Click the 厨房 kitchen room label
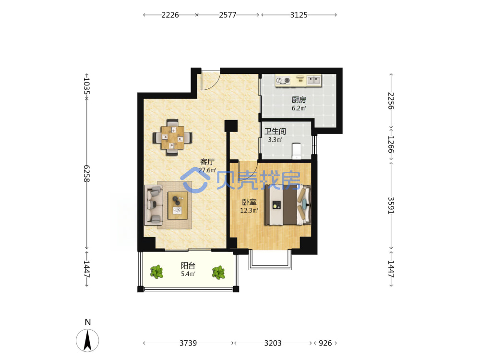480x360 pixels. [299, 100]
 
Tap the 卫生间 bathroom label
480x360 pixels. [275, 132]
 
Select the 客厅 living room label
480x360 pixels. [207, 162]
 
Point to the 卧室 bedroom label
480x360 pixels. [249, 202]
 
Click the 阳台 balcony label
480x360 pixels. [188, 265]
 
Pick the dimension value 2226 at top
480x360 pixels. [170, 15]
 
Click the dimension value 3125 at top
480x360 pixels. [299, 15]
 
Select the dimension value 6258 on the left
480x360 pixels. [86, 174]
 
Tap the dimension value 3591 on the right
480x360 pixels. [391, 205]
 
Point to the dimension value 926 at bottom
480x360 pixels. [325, 343]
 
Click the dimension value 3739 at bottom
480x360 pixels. [188, 343]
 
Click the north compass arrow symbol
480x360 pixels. [87, 340]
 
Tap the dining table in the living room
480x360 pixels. [173, 137]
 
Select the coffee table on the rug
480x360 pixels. [178, 205]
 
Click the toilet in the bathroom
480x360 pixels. [297, 151]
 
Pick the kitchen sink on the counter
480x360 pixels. [314, 81]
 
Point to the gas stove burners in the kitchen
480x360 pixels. [283, 81]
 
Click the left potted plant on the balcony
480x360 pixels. [156, 272]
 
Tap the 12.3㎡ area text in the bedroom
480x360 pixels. [249, 211]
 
